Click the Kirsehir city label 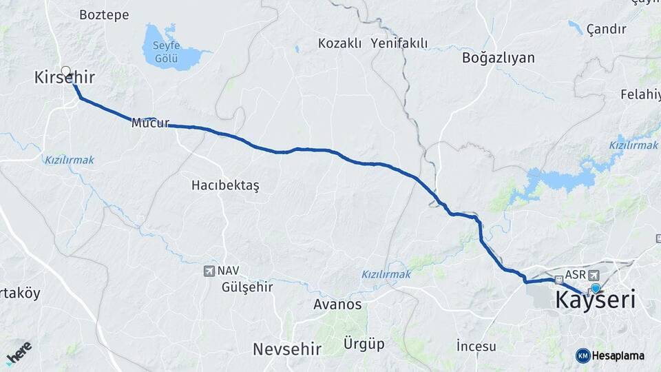(64, 78)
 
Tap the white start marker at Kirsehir (66, 71)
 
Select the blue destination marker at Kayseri (596, 289)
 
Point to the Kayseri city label (595, 301)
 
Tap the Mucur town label (150, 123)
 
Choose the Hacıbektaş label (225, 185)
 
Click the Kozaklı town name (339, 43)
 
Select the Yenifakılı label (399, 43)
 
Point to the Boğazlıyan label (499, 58)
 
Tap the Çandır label (606, 29)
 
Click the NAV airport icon (209, 271)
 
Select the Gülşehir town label (247, 287)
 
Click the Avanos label (337, 304)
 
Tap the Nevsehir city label (287, 349)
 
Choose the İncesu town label (476, 346)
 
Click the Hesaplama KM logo (609, 355)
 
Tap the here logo (19, 353)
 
